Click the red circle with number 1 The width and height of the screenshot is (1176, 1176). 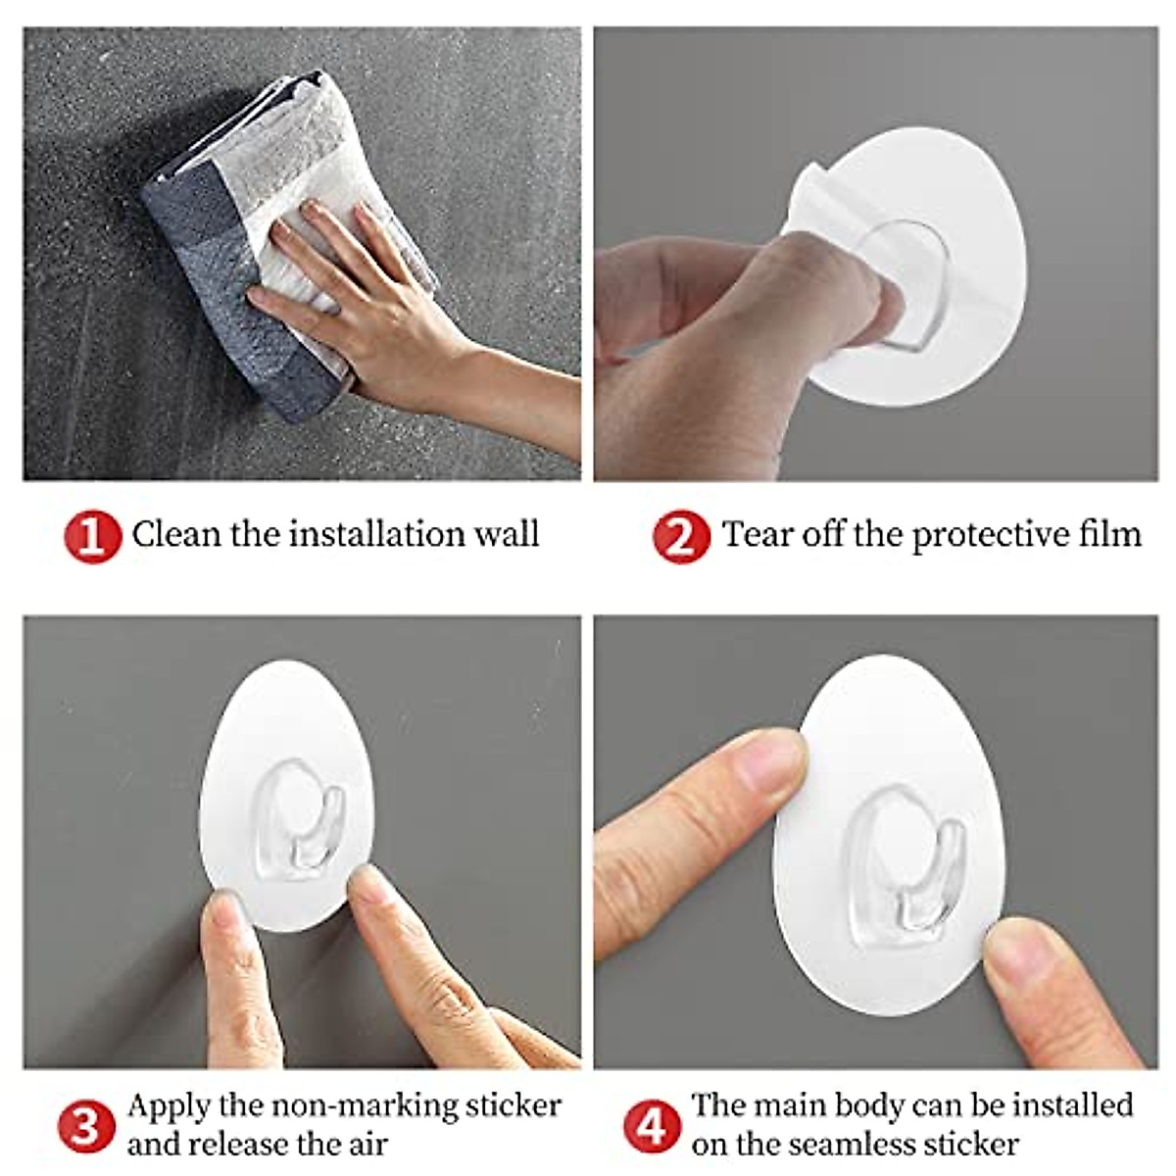pyautogui.click(x=92, y=536)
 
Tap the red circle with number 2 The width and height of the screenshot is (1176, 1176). pyautogui.click(x=680, y=536)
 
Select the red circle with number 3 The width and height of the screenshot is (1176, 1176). pyautogui.click(x=85, y=1126)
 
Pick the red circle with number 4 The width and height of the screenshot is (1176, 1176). pyautogui.click(x=652, y=1126)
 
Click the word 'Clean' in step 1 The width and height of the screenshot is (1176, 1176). pyautogui.click(x=177, y=534)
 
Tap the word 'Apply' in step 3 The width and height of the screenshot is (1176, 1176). pyautogui.click(x=169, y=1107)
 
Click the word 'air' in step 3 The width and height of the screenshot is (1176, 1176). pyautogui.click(x=365, y=1144)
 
